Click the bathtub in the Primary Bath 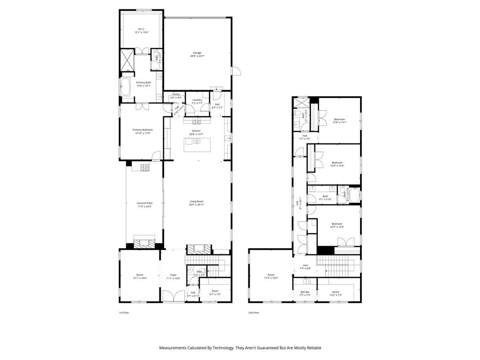[x=126, y=87]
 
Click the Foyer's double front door [x=173, y=297]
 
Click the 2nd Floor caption [x=254, y=313]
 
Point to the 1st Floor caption [x=124, y=313]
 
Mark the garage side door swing [x=236, y=71]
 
